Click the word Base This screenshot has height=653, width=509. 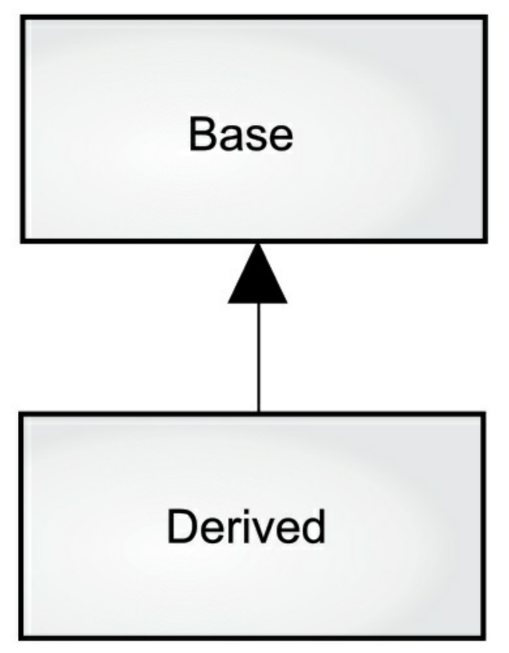pyautogui.click(x=241, y=134)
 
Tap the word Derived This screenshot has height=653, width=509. pyautogui.click(x=246, y=526)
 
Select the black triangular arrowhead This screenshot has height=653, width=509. pyautogui.click(x=257, y=273)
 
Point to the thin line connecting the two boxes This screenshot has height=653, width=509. pyautogui.click(x=259, y=357)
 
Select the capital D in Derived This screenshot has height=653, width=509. pyautogui.click(x=181, y=526)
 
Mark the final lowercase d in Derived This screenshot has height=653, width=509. pyautogui.click(x=312, y=526)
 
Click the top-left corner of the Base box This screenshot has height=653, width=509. pyautogui.click(x=23, y=17)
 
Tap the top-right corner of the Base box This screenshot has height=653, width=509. pyautogui.click(x=486, y=17)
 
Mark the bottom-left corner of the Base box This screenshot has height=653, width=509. pyautogui.click(x=23, y=241)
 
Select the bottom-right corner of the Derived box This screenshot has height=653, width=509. pyautogui.click(x=483, y=637)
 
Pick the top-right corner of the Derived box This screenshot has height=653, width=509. pyautogui.click(x=483, y=414)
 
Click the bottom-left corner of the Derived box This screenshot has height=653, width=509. pyautogui.click(x=21, y=637)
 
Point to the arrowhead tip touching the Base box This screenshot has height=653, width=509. pyautogui.click(x=257, y=244)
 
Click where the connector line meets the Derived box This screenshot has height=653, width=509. pyautogui.click(x=259, y=412)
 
